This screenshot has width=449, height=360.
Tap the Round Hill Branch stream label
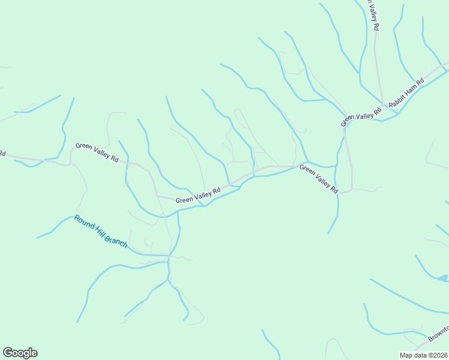[x=101, y=232]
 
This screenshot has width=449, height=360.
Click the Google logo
[x=20, y=353]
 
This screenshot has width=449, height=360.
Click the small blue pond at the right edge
[x=442, y=278]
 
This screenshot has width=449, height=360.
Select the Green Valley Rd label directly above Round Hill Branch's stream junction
[x=198, y=195]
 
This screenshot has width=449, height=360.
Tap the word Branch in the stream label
[x=116, y=241]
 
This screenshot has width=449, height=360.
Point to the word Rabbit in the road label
[x=399, y=100]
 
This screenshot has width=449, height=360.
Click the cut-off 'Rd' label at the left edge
[x=2, y=154]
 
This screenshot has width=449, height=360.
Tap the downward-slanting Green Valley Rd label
[x=319, y=178]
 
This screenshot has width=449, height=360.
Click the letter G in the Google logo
[x=8, y=353]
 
